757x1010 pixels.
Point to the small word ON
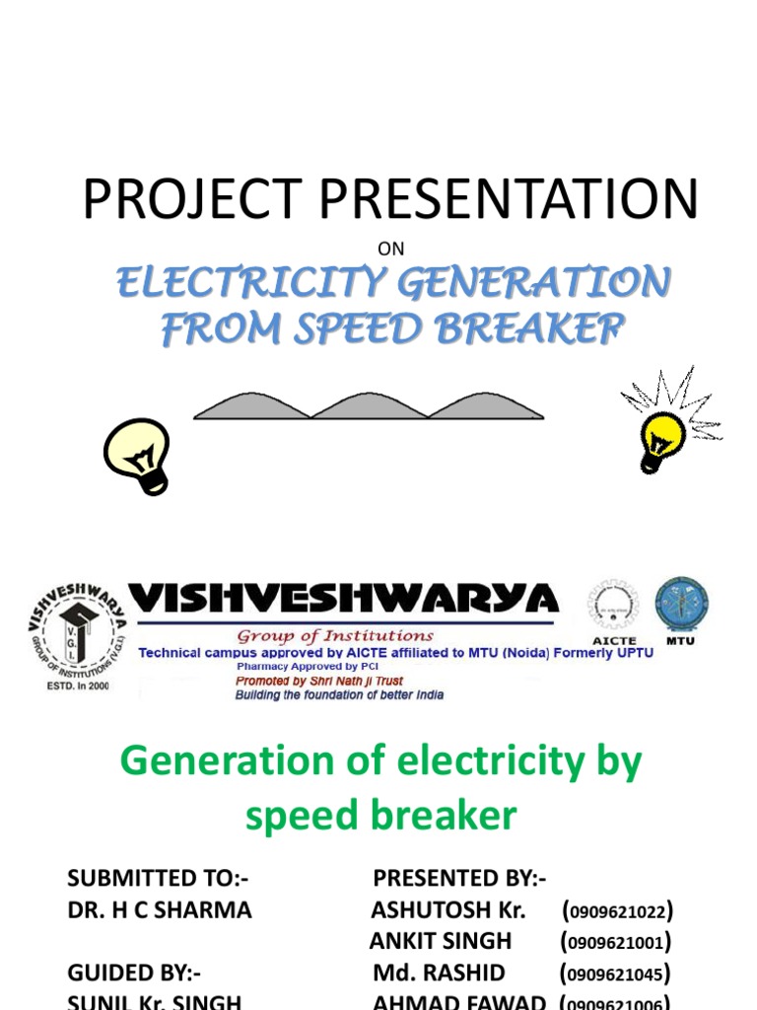coord(391,249)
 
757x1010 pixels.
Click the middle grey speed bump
coord(369,406)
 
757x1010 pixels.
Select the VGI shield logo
coord(77,631)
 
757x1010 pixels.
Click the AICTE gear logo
coord(612,606)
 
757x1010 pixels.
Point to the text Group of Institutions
coord(335,636)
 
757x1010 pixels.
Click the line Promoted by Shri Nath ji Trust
coord(318,681)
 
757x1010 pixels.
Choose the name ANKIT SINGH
coord(441,942)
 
